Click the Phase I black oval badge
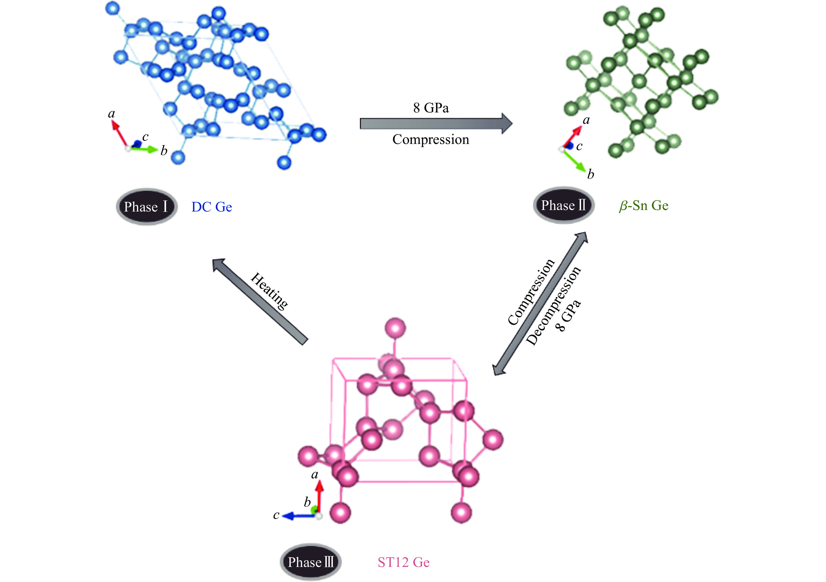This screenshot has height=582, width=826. [146, 207]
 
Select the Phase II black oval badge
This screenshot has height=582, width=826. [563, 205]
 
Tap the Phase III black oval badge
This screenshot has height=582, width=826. [311, 562]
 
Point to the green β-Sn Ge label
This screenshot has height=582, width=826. [643, 206]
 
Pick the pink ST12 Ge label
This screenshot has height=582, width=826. [403, 562]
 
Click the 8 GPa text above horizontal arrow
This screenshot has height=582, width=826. [431, 108]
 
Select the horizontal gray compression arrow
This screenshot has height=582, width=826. [435, 124]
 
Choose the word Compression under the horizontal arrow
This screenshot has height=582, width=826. [431, 139]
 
